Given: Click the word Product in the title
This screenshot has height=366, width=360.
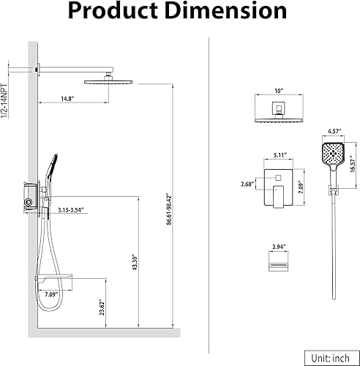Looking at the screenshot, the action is [113, 11].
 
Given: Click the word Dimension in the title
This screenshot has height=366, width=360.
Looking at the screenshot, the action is [228, 11].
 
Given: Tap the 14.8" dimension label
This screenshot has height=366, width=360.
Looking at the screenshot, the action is [67, 99].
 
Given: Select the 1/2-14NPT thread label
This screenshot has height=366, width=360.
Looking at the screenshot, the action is [4, 101].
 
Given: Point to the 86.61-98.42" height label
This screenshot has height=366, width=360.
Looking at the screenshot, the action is [169, 209].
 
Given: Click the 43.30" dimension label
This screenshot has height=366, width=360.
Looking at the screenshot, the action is [135, 263].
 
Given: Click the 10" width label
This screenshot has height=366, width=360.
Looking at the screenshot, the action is [279, 91].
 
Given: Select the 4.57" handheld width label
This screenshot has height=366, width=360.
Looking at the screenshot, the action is [334, 131].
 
